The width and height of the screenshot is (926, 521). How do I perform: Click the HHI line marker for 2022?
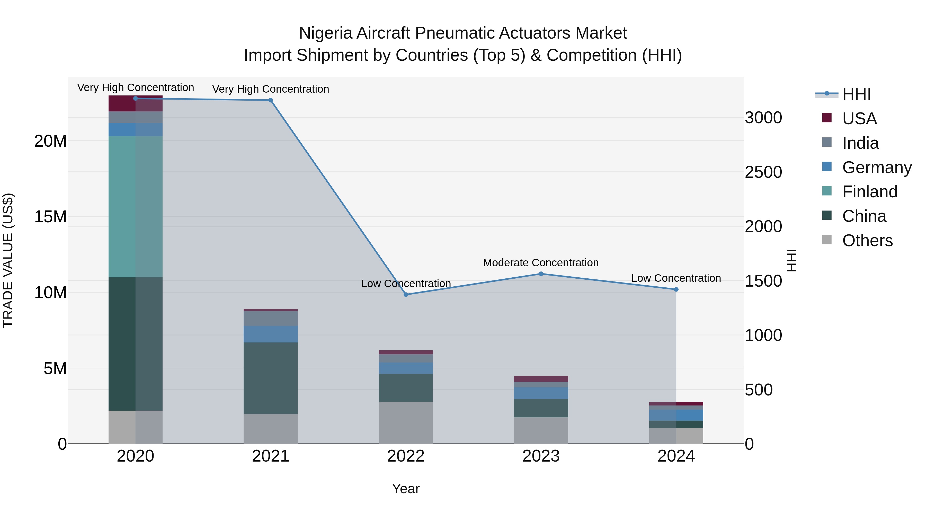406,295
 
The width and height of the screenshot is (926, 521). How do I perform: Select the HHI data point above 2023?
541,274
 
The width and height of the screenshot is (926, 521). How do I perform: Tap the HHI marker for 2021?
271,100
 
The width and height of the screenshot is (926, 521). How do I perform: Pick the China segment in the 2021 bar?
271,378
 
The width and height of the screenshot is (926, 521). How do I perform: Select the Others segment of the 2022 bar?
406,422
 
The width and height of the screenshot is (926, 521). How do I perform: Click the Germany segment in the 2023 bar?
541,393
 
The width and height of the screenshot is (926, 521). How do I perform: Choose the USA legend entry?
859,119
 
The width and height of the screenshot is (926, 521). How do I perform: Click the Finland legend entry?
869,192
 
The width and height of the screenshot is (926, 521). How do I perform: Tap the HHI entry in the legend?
856,94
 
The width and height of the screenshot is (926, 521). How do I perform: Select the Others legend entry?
867,241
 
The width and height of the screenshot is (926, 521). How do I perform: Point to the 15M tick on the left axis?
50,217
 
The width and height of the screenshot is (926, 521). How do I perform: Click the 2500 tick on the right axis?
763,172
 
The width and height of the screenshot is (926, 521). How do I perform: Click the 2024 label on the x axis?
676,456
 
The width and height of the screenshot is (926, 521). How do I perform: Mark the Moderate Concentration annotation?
541,263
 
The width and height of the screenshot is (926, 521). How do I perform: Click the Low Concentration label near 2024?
676,278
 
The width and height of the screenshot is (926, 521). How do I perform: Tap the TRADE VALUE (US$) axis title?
8,260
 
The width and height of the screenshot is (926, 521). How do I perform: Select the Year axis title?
406,489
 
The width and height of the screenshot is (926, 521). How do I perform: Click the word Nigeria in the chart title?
326,33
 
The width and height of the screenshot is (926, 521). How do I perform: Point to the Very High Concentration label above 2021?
271,89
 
